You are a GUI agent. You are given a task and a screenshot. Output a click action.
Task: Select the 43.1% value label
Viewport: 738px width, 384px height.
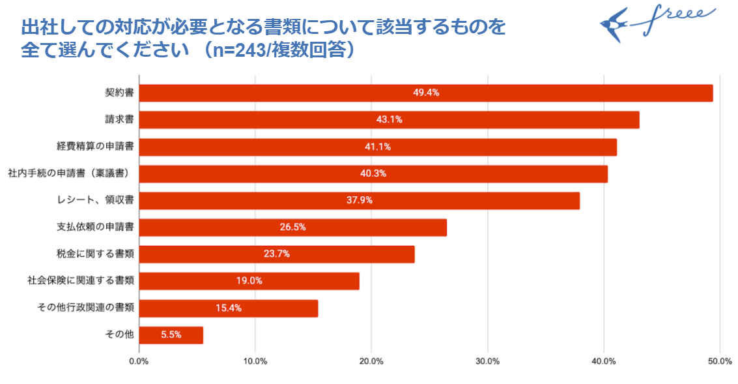(390, 119)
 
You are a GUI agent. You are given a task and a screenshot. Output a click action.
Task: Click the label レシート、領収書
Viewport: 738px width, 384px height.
(96, 200)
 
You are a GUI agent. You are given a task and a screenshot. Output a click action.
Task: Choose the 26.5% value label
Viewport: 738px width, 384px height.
(292, 228)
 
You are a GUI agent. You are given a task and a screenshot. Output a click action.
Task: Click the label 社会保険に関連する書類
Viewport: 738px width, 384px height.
(81, 281)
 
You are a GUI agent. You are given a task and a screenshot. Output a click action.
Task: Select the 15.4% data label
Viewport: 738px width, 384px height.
(229, 308)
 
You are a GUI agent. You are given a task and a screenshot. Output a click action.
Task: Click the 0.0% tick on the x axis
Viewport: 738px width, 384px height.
(139, 361)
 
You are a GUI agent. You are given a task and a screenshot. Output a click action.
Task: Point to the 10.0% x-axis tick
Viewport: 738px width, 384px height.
(255, 361)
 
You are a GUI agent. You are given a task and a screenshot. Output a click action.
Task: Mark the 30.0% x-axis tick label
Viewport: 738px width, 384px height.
(487, 361)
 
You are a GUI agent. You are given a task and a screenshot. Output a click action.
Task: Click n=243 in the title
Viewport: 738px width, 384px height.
(236, 50)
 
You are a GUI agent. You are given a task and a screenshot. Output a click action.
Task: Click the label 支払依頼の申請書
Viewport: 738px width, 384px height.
(96, 228)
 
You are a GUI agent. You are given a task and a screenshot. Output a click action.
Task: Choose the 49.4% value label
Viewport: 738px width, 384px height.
(426, 93)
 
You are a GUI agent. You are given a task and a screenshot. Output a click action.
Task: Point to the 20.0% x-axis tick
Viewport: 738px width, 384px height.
(371, 361)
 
